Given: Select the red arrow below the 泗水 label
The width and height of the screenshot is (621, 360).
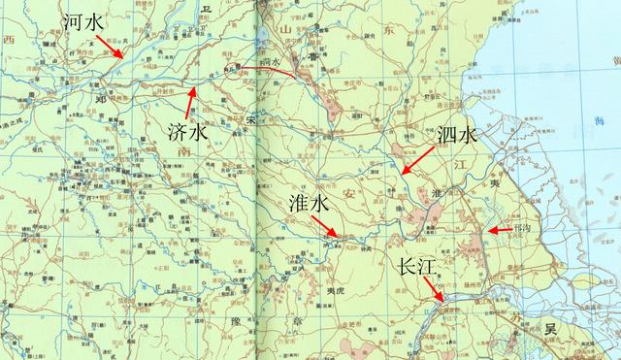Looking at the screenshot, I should pyautogui.click(x=418, y=162).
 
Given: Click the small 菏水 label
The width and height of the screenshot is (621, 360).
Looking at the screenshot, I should pyautogui.click(x=269, y=62).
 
